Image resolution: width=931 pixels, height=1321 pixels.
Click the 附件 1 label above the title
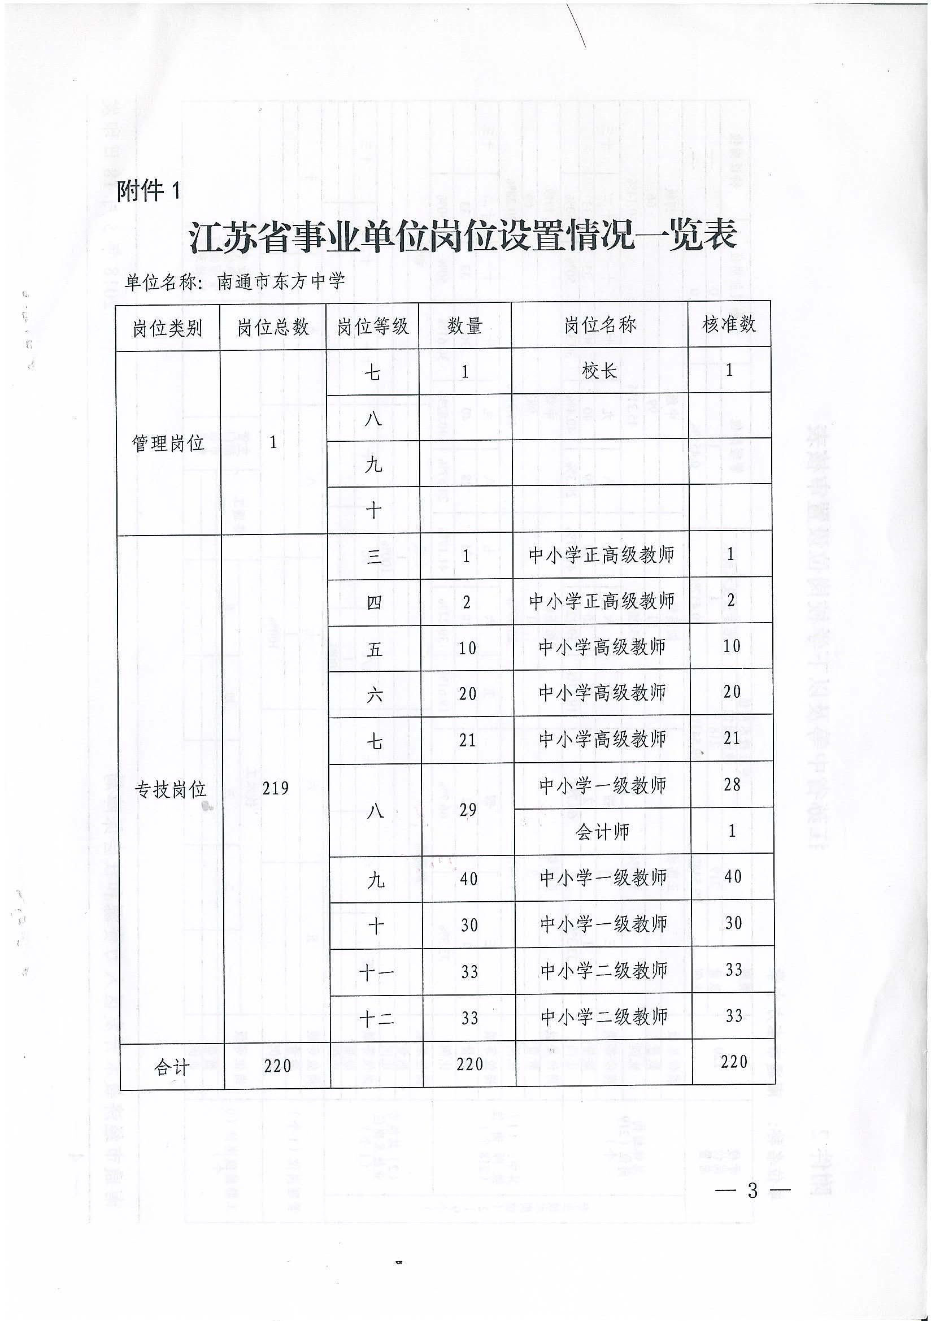(x=149, y=190)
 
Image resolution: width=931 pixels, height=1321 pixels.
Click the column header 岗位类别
(x=167, y=328)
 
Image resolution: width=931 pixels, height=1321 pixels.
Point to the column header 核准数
(x=728, y=324)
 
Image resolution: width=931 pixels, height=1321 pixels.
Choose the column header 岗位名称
(x=599, y=325)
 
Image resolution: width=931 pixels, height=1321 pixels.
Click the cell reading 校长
(x=599, y=371)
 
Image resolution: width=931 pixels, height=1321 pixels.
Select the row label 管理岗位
(x=168, y=443)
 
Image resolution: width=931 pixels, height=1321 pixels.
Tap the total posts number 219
(x=275, y=788)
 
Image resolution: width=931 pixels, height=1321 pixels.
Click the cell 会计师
(x=602, y=831)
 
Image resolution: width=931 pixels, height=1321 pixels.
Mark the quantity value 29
(x=468, y=810)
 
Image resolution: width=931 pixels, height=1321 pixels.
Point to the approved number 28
(x=732, y=784)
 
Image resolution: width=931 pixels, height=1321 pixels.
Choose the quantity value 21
(x=467, y=740)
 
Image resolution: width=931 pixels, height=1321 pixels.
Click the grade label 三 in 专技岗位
(x=375, y=557)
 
